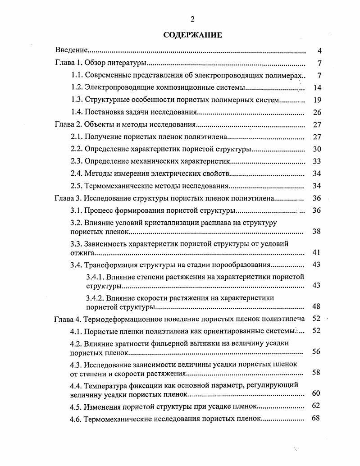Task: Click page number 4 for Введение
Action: pos(319,50)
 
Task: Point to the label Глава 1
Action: pos(68,63)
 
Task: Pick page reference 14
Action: pos(317,87)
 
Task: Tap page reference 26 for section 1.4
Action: pos(317,112)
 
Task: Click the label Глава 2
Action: pos(68,125)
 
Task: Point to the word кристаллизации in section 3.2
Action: pos(173,223)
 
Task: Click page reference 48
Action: pos(316,306)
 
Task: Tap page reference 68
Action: pos(316,418)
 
